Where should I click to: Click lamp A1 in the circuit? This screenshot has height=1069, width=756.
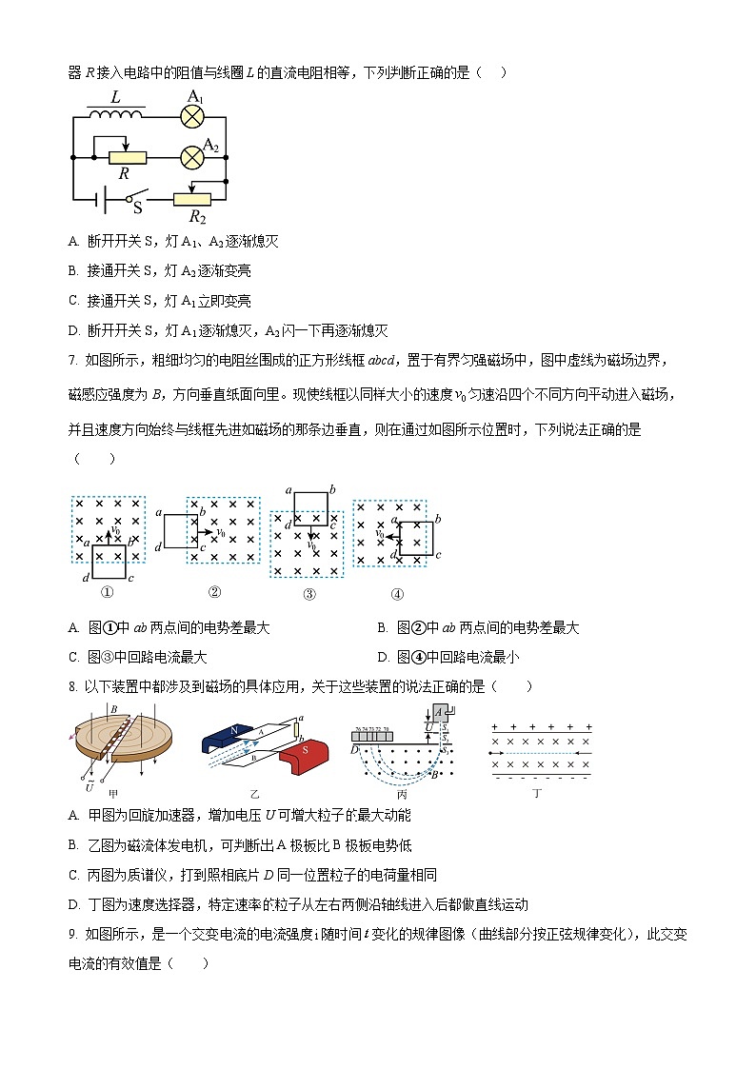click(193, 117)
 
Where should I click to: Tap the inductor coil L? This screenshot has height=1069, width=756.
click(115, 114)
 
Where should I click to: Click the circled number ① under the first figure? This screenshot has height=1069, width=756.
click(107, 592)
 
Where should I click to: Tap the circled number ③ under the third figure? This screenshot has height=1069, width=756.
click(308, 594)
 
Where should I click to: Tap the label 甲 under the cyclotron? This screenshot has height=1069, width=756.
click(113, 793)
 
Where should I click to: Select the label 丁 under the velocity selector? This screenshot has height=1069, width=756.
click(537, 792)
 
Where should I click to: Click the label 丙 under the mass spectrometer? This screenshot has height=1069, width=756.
click(403, 792)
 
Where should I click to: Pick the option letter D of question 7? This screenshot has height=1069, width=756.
click(382, 657)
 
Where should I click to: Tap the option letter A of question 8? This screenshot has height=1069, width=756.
click(73, 815)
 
